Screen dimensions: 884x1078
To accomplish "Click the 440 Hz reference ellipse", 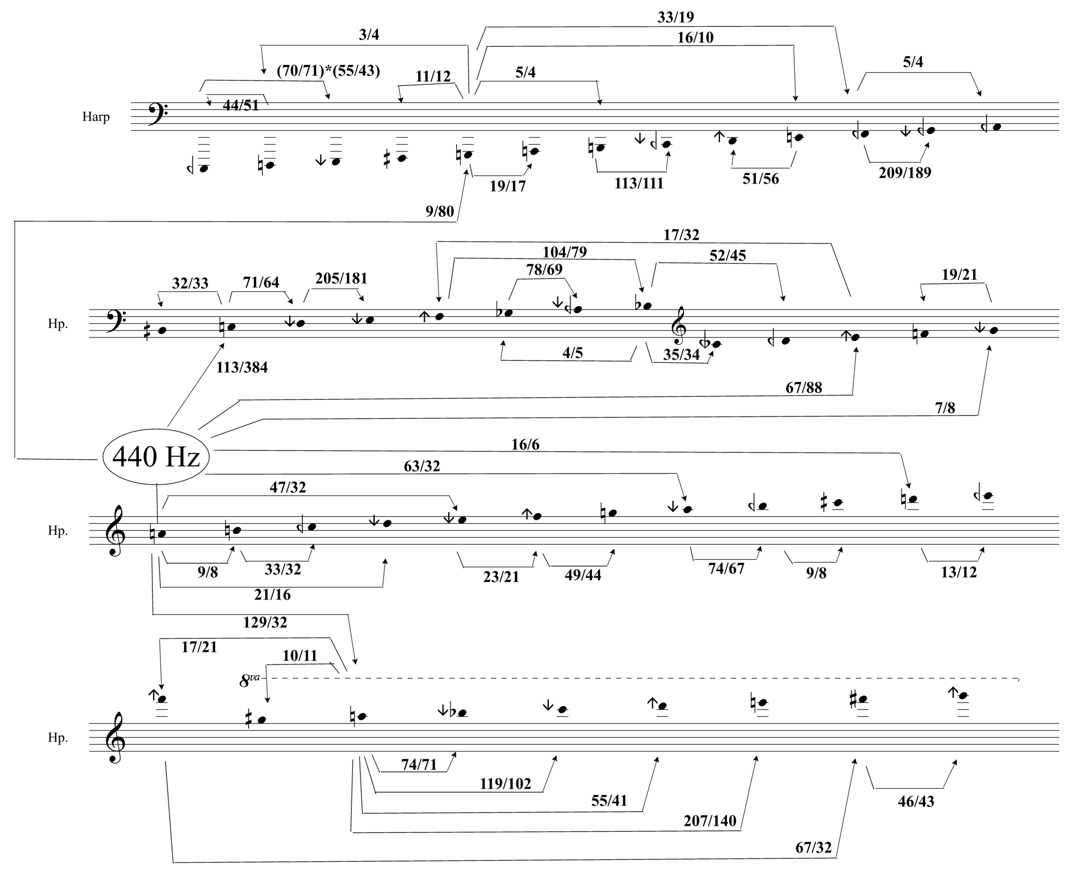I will (156, 456).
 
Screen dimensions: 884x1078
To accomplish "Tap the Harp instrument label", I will (96, 116).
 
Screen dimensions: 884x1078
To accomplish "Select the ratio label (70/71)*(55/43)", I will (328, 70).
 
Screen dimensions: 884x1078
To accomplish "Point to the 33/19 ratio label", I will (675, 18).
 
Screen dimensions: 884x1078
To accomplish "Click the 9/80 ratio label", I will (440, 211).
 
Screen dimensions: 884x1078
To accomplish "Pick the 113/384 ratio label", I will (242, 367).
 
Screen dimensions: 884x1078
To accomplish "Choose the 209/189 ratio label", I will (905, 173).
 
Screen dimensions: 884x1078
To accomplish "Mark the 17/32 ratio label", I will (681, 235).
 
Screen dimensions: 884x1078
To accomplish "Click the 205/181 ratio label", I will (341, 278).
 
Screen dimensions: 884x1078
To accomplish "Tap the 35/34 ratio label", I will (681, 354).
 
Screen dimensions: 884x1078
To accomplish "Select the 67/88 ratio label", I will (804, 387).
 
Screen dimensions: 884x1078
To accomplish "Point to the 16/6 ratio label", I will (525, 445).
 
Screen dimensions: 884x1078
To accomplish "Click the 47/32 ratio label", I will (288, 487).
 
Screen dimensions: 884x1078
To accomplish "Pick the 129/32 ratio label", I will (265, 622).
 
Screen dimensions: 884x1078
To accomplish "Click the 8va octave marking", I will (250, 680).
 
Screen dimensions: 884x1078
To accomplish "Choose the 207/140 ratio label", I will (709, 821).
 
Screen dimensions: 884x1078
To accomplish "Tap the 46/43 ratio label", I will (916, 802).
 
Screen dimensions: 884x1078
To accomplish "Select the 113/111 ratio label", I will (639, 183).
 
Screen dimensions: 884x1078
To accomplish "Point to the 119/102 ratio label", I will (505, 784).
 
